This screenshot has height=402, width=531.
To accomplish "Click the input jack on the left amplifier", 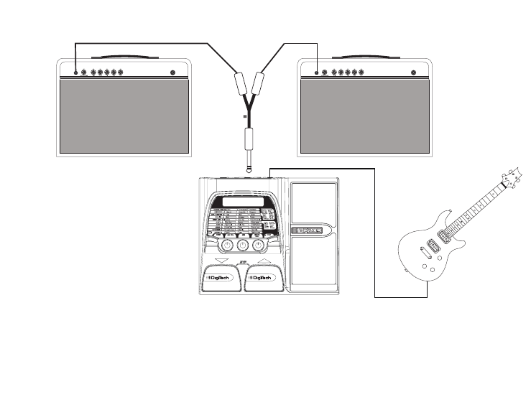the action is [76, 73].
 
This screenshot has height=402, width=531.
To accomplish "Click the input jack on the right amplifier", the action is [317, 73].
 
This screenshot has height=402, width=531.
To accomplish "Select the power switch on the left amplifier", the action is [173, 73].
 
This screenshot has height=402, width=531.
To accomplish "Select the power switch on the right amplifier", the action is [415, 73].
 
